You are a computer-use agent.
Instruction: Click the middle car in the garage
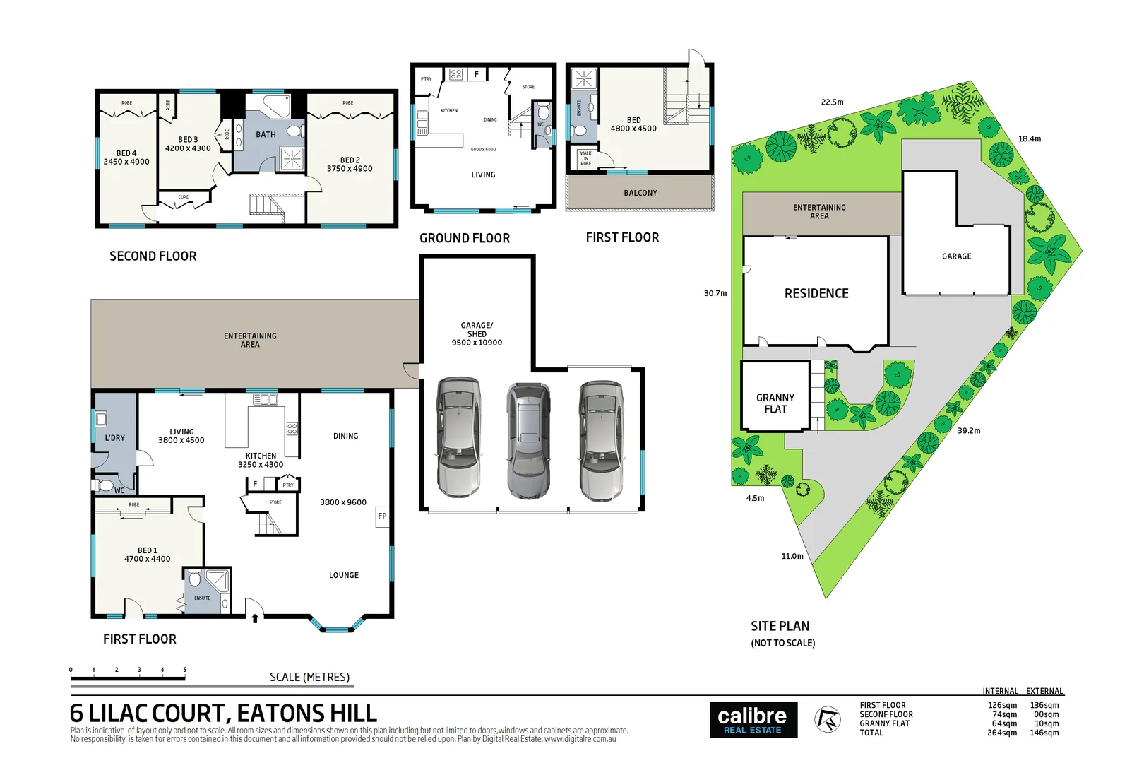click(x=528, y=440)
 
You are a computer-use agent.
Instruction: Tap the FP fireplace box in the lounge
click(x=382, y=516)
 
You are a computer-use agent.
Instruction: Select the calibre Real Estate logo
click(x=753, y=720)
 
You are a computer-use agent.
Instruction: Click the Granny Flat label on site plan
click(x=775, y=403)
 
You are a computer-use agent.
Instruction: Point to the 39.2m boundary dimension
click(x=968, y=431)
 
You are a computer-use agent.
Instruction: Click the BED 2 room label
click(x=350, y=165)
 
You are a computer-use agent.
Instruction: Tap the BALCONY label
click(x=640, y=193)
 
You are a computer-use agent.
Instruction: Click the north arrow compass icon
click(x=827, y=720)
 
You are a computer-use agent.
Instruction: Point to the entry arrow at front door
click(x=255, y=618)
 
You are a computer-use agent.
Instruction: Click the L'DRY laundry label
click(x=115, y=438)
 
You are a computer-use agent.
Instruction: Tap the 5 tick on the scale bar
click(x=185, y=670)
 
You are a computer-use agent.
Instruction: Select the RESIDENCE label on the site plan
click(x=816, y=294)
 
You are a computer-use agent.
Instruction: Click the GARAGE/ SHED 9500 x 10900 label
click(x=477, y=334)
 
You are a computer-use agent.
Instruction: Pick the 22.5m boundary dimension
click(x=832, y=102)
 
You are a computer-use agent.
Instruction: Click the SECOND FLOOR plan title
click(x=153, y=256)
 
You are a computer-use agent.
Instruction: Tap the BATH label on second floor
click(x=266, y=135)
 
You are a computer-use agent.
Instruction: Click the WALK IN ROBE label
click(x=585, y=158)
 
